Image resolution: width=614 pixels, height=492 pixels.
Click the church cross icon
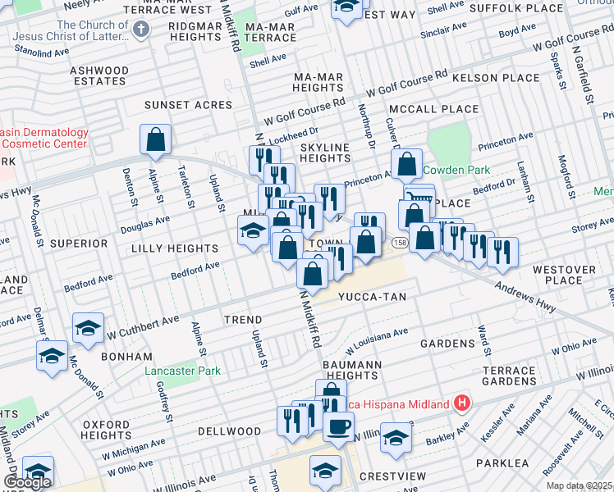pos(141,31)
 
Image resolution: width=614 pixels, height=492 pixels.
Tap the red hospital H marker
pos(462,403)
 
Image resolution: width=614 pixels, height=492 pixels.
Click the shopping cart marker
pos(419,197)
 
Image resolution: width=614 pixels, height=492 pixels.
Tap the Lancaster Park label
pos(182,371)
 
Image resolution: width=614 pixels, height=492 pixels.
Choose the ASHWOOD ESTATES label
pos(99,76)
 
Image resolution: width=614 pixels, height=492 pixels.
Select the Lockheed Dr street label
pos(299,130)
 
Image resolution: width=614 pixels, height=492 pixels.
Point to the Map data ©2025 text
pos(579,485)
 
